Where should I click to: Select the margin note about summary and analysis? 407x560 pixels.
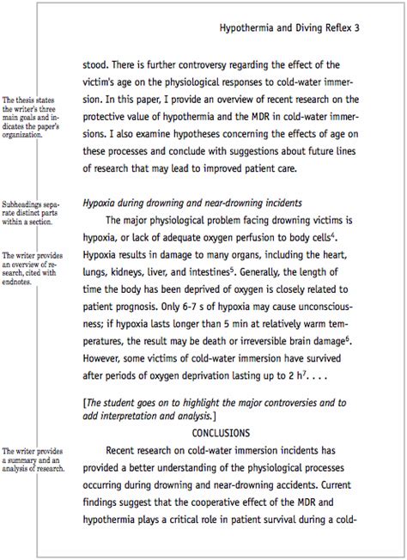point(33,460)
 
